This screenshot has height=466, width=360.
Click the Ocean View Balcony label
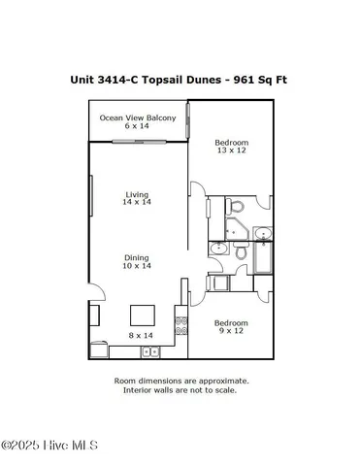pos(138,117)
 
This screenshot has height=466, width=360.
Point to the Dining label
pos(137,255)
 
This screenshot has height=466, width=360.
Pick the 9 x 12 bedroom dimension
pos(231,331)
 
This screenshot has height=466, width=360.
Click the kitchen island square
pos(144,316)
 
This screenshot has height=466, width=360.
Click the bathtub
pos(262,258)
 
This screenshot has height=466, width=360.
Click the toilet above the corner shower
pos(234,207)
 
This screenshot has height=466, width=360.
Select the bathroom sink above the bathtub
pos(261,233)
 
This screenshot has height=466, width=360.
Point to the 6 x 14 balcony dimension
pos(137,126)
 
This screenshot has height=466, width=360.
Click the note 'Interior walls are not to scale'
pos(180,390)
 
